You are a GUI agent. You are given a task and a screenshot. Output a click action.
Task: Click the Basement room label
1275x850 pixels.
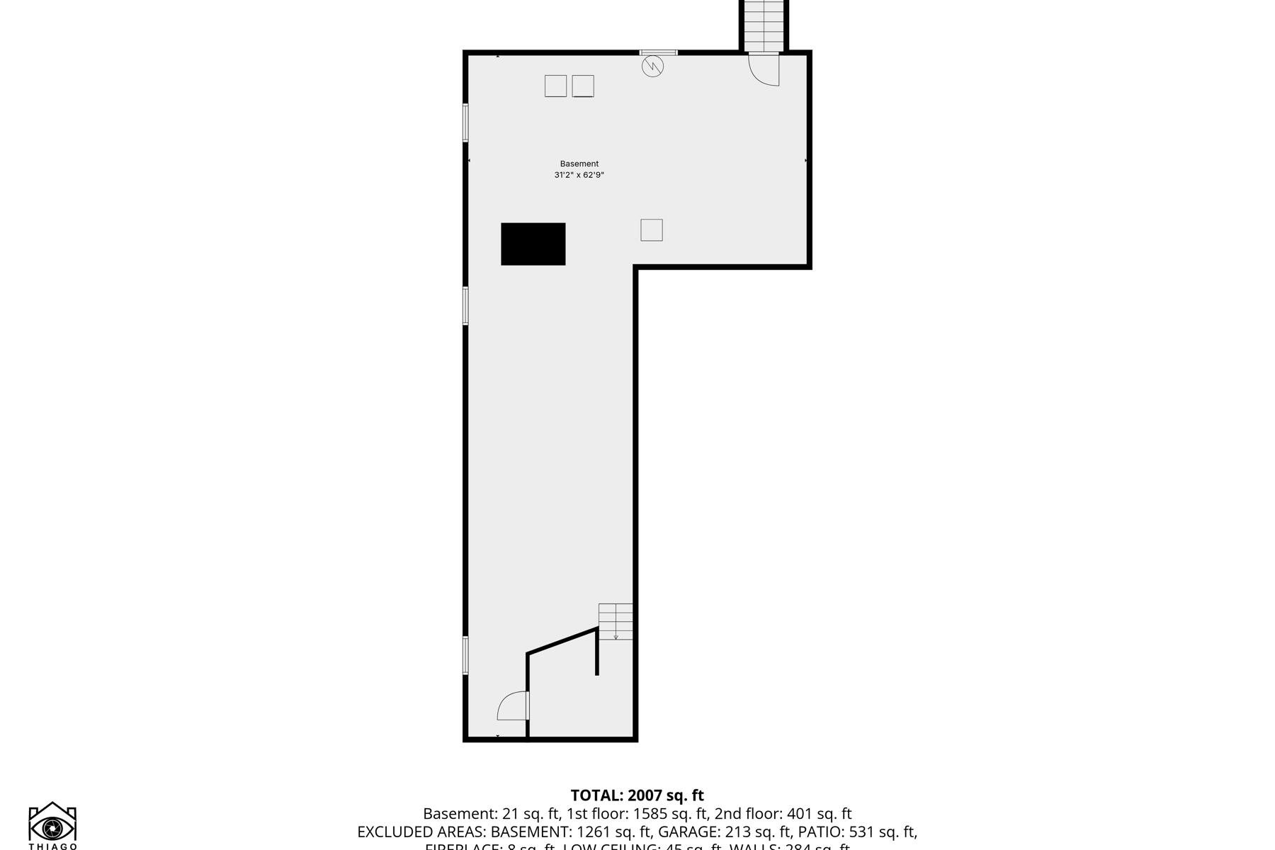(579, 164)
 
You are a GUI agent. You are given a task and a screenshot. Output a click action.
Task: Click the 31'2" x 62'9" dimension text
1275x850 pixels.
(579, 175)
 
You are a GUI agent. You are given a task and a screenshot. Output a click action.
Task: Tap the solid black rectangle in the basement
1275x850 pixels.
(533, 244)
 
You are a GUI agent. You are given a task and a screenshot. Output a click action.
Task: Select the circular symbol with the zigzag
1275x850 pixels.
(652, 67)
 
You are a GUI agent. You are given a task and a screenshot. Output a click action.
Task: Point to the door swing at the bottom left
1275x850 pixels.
(513, 705)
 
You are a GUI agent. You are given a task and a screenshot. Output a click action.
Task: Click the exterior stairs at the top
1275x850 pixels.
(764, 25)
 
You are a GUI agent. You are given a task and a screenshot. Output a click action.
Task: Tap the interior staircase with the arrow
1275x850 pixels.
(616, 621)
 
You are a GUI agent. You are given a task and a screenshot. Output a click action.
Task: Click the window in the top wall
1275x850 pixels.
(658, 52)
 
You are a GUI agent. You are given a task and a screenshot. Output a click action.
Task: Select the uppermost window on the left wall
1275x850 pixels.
(465, 123)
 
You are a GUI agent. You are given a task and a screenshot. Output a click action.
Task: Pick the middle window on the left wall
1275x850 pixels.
(465, 306)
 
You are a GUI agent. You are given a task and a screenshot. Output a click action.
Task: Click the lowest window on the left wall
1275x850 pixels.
(465, 655)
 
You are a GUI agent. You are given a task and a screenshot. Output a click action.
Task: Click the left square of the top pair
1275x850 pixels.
(555, 86)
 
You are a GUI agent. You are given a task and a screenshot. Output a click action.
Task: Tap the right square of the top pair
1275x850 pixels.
(583, 86)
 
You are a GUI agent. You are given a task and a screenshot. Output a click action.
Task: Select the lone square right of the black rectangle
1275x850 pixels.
(652, 230)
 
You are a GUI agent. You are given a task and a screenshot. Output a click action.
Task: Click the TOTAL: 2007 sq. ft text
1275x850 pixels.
(637, 795)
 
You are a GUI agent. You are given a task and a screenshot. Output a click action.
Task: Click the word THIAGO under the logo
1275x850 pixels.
(53, 846)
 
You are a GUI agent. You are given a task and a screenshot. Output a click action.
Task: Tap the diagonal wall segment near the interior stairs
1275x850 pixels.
(562, 640)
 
